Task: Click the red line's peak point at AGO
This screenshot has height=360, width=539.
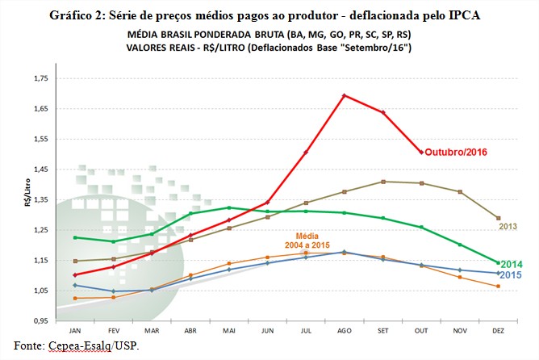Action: [x=345, y=95]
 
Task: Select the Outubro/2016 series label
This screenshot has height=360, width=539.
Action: [x=458, y=152]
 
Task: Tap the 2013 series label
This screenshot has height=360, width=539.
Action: [x=508, y=227]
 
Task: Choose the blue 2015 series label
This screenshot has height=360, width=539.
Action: [x=510, y=275]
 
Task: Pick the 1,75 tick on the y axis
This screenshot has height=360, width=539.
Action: [x=39, y=79]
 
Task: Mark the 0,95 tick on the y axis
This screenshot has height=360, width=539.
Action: [x=39, y=320]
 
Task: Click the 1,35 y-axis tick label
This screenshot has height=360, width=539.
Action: [x=39, y=199]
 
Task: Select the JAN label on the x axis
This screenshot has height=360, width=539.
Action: [x=75, y=331]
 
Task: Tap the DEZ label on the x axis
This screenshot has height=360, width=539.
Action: [x=498, y=331]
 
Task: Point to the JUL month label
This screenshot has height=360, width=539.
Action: [x=306, y=331]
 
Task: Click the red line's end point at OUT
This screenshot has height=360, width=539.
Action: [x=421, y=152]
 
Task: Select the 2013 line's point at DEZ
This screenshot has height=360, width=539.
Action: [x=498, y=218]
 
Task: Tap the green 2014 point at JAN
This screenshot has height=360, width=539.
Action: [x=75, y=237]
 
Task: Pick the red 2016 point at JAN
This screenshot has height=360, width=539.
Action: [x=75, y=275]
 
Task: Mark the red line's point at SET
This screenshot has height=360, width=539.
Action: [x=382, y=112]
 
